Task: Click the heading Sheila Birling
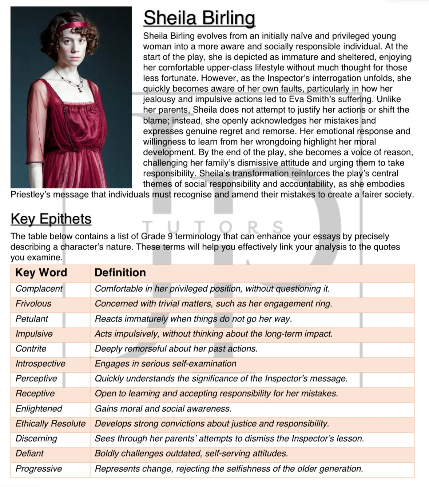(199, 18)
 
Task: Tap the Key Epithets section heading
(51, 219)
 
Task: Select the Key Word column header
(41, 272)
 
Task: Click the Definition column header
(120, 272)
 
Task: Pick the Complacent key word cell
(39, 289)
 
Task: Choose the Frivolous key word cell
(33, 304)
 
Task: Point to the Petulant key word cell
(32, 319)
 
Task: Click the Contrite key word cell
(31, 349)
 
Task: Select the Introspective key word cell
(40, 364)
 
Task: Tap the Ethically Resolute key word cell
(51, 424)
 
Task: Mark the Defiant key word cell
(29, 454)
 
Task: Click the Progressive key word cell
(39, 469)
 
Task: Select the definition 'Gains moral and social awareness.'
(163, 409)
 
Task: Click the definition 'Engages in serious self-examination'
(166, 364)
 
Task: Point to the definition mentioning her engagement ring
(213, 304)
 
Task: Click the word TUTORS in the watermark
(213, 227)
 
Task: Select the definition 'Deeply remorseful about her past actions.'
(176, 349)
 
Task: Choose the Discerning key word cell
(36, 439)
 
